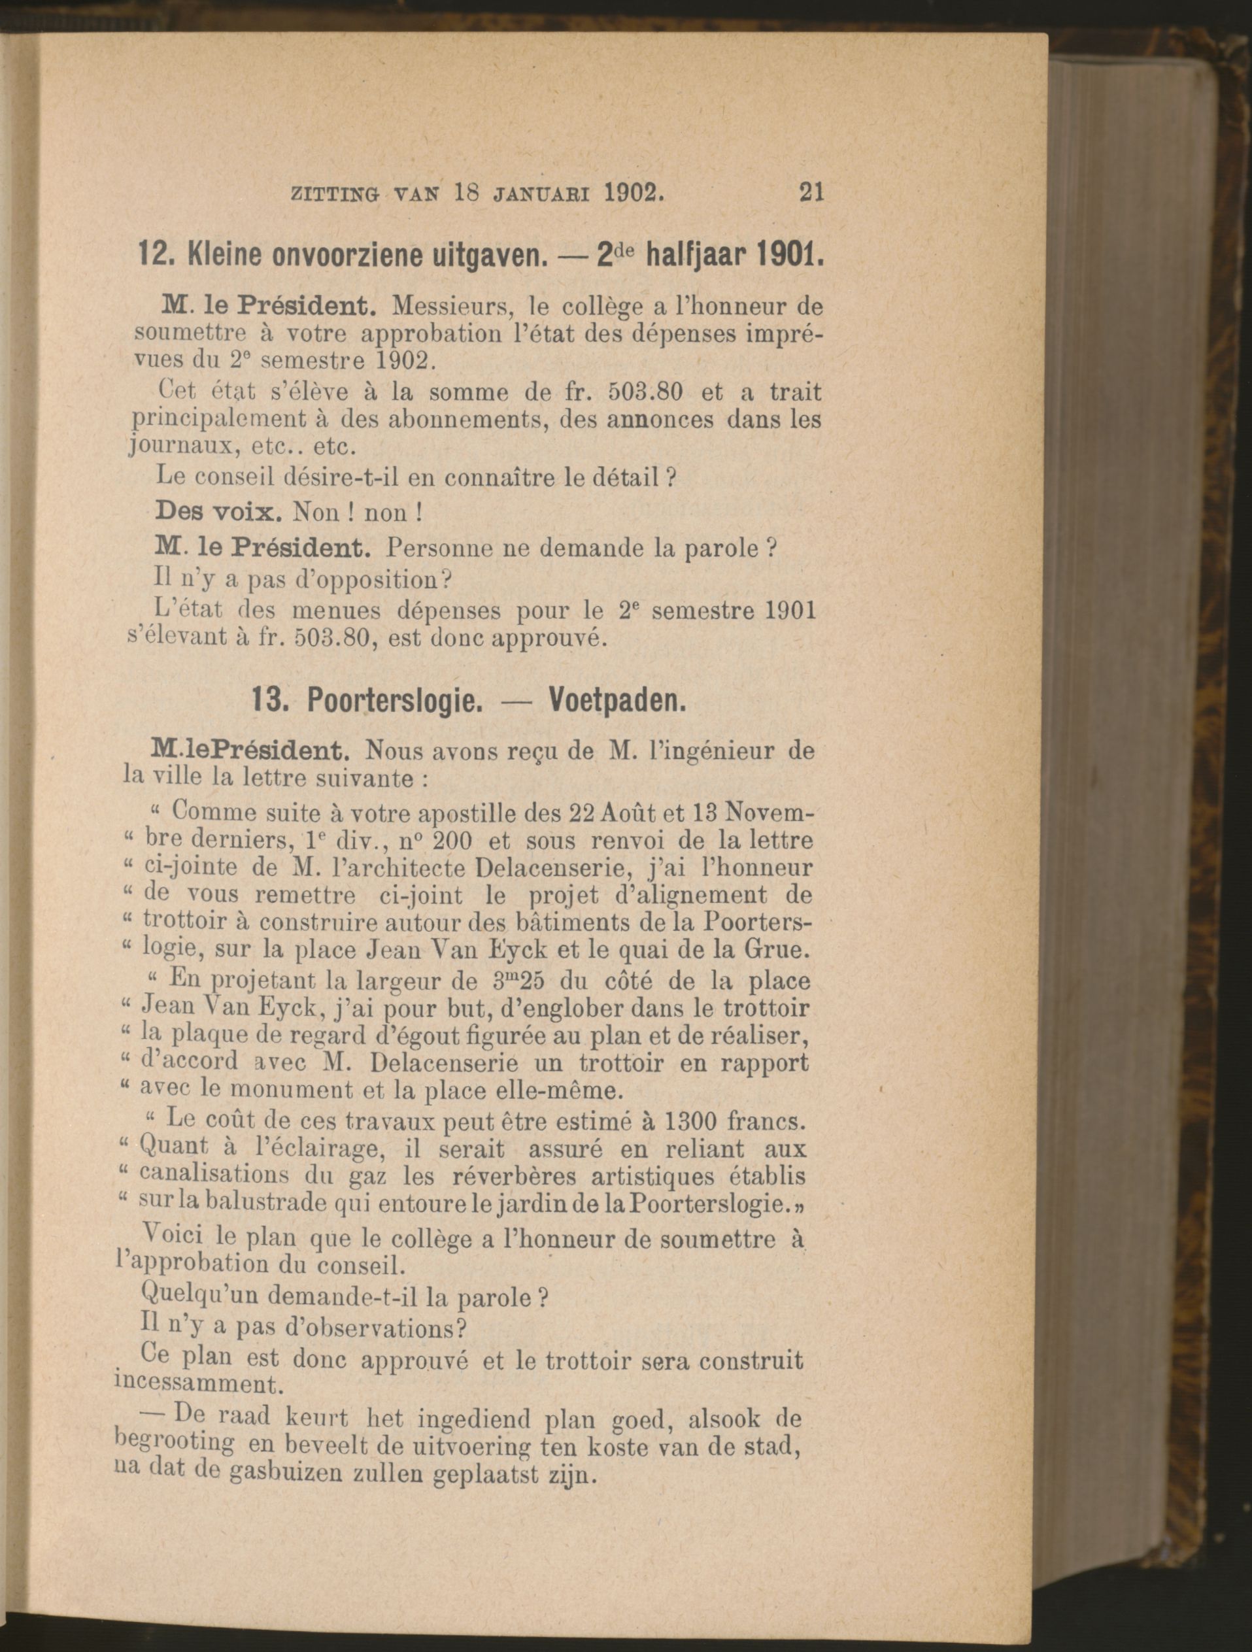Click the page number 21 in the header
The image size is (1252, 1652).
[811, 193]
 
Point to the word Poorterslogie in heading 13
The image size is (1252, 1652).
[392, 701]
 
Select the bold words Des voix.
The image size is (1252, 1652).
[216, 512]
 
